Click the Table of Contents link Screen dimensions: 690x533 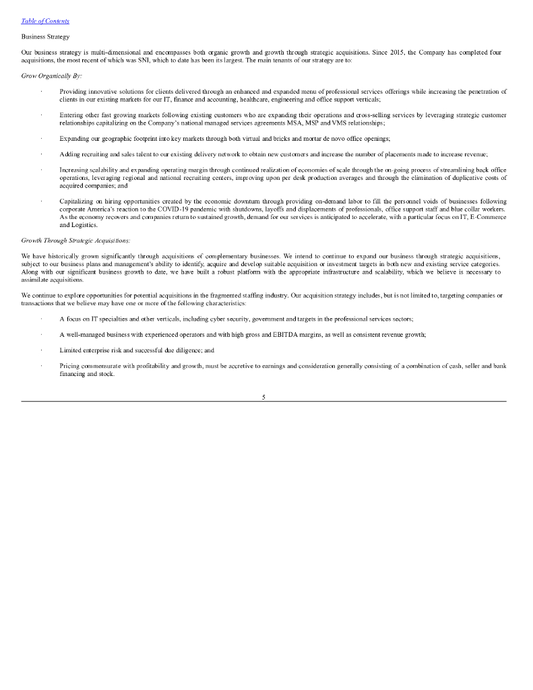45,21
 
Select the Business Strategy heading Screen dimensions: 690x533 45,36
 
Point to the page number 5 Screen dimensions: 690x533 263,397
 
